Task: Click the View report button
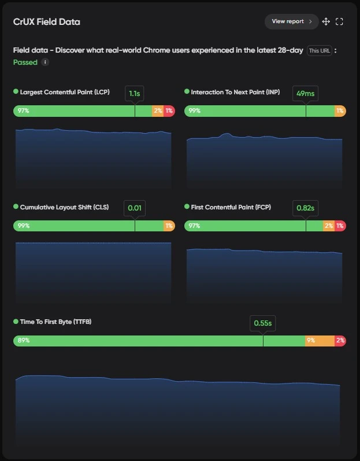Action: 291,21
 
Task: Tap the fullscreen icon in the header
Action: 339,21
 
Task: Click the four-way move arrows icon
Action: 326,21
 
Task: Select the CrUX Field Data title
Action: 47,22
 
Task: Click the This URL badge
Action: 320,50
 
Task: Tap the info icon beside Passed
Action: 45,62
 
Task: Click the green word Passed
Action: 25,62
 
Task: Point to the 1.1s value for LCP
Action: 135,93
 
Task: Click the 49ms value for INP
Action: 305,93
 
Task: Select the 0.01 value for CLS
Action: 135,208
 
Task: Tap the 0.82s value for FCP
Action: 305,208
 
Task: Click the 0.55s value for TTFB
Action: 263,323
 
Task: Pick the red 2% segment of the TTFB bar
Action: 340,341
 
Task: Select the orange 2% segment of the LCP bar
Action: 158,110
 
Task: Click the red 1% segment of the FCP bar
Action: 340,226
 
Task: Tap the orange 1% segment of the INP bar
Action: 340,110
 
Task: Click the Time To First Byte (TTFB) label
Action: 55,322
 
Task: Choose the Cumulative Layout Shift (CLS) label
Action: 64,206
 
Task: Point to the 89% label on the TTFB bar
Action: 24,341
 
